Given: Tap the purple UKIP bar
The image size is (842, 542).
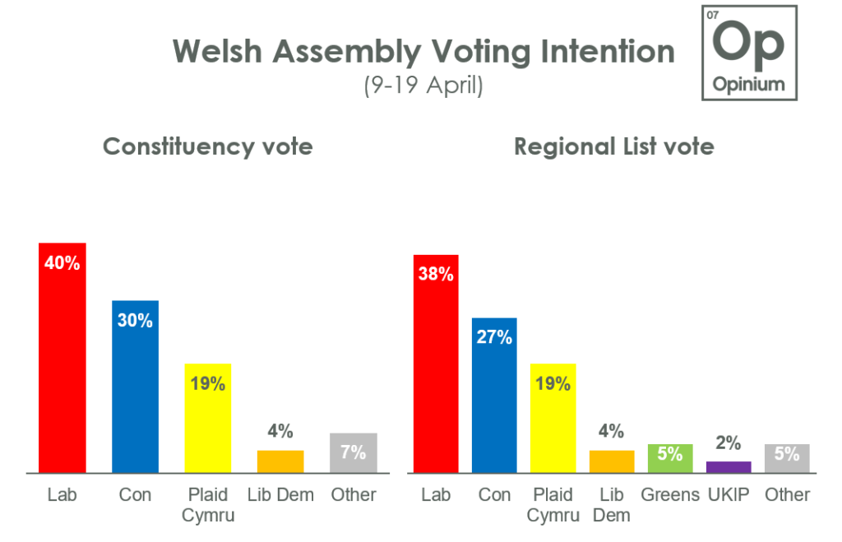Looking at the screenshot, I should point(729,467).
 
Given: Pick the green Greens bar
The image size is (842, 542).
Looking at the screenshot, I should point(669,458).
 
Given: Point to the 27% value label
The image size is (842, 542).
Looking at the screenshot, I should point(494,337).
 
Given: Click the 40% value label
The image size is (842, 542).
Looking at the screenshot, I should point(63,264).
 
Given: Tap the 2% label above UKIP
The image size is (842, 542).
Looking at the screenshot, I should point(729,443).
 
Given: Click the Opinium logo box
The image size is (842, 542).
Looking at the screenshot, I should point(748,53).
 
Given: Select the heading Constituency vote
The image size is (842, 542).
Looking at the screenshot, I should point(207,146).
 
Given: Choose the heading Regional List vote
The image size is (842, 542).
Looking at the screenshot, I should point(614,146).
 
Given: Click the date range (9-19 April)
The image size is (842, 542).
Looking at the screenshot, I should point(423,85).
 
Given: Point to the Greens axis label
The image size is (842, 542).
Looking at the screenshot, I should point(669,495).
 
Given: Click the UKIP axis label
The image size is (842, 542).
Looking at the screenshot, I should point(729,495).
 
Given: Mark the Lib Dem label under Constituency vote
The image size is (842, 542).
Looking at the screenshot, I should point(280,495).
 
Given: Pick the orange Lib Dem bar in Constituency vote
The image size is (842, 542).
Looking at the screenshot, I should point(280,461).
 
